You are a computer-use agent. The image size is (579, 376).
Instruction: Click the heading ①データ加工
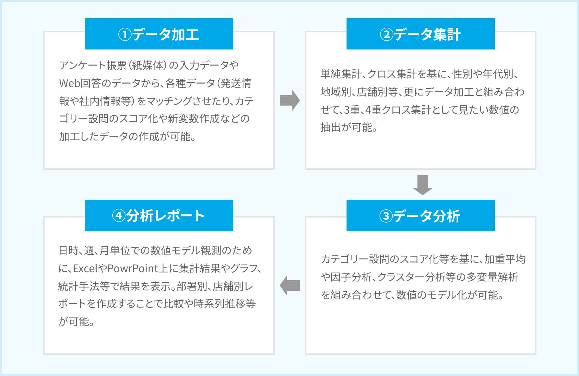159,34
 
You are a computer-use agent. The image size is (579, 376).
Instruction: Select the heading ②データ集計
420,34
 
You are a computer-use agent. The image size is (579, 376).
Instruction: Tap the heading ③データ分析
420,216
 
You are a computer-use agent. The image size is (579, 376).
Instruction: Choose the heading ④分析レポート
158,216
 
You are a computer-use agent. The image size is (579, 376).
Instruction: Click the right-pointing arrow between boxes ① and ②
289,100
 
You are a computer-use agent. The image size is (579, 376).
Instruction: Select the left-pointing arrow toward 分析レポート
289,285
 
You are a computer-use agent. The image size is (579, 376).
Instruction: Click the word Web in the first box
69,83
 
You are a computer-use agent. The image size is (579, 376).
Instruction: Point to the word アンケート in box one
83,65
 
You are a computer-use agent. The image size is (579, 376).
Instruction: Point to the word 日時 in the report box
68,250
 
